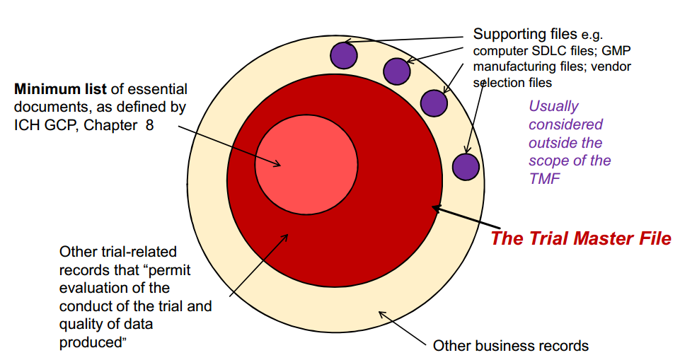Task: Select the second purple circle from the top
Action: [397, 71]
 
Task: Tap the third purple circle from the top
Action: [434, 103]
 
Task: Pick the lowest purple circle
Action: [466, 167]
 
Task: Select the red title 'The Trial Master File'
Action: [580, 238]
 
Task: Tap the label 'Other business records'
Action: [510, 346]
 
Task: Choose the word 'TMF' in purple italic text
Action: [543, 179]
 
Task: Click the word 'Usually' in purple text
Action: [553, 106]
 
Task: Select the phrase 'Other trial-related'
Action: [117, 252]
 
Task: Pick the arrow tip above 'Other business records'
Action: [380, 314]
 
